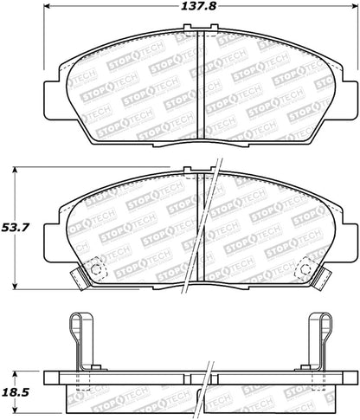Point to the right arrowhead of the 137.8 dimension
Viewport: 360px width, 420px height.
[354, 5]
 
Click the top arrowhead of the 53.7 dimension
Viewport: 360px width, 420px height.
[16, 170]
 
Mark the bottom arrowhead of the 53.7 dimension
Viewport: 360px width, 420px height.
[16, 286]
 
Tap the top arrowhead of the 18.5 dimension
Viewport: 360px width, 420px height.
[16, 374]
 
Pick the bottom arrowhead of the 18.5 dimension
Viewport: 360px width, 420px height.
[16, 410]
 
